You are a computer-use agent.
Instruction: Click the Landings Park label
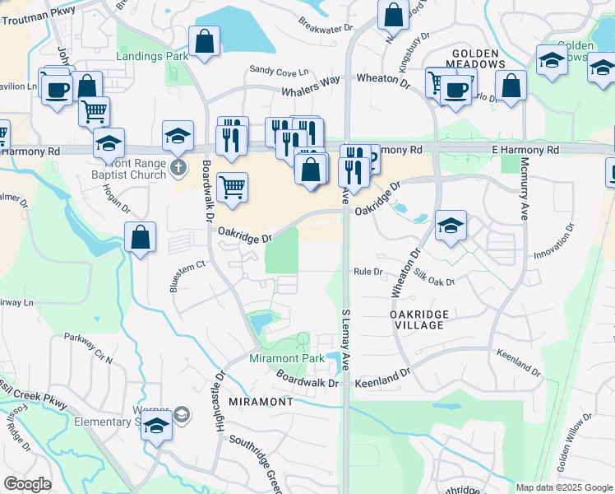coord(152,56)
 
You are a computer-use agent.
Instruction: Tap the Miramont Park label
coord(287,358)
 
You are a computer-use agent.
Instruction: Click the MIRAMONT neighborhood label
coord(260,401)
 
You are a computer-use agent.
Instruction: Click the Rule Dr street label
coord(368,271)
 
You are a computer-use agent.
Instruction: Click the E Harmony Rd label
coord(525,150)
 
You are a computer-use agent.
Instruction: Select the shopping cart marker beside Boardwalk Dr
coord(233,187)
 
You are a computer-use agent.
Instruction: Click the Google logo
coord(28,484)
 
